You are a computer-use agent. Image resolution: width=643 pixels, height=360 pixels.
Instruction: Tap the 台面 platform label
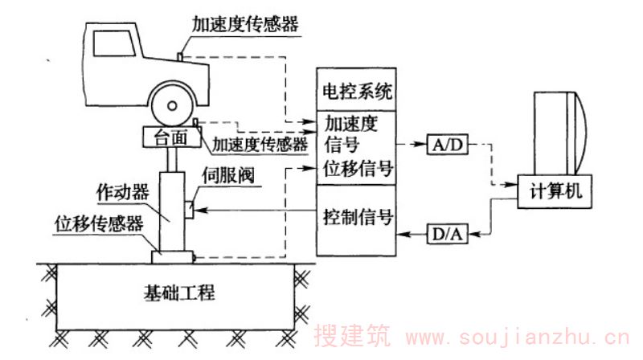(172, 137)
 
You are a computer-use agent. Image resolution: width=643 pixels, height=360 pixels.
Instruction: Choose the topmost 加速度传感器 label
(244, 23)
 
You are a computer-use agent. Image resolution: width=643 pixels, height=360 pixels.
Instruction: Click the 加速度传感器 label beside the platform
(260, 145)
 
